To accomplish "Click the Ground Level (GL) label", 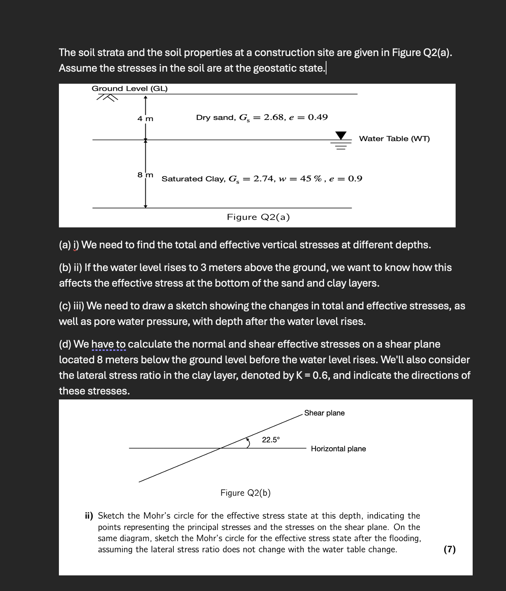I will pos(130,88).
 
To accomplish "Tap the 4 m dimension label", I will pos(145,118).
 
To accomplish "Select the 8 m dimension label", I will pos(145,175).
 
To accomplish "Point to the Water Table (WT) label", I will pos(394,139).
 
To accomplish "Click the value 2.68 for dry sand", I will pos(274,117).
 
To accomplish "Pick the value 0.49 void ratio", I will pos(318,117).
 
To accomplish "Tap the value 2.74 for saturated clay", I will pos(264,178).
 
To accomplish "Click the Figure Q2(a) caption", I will pos(258,217).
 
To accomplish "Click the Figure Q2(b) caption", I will pos(245,493).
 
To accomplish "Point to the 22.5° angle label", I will pos(271,440).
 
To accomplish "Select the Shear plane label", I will pos(324,413).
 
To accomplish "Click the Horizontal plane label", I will pos(338,449).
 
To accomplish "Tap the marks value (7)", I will pos(450,549).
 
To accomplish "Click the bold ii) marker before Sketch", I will pos(89,516).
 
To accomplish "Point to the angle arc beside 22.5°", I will pos(248,442).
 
